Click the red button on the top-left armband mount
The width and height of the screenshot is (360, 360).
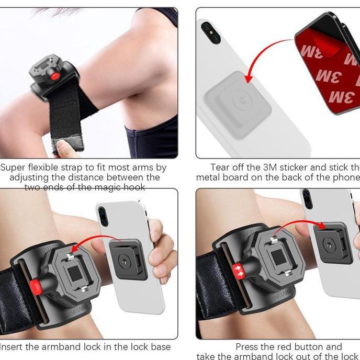[x=54, y=76]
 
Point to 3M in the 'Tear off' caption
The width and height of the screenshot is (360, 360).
[x=277, y=168]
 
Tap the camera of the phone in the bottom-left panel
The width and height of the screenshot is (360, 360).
[x=103, y=216]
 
